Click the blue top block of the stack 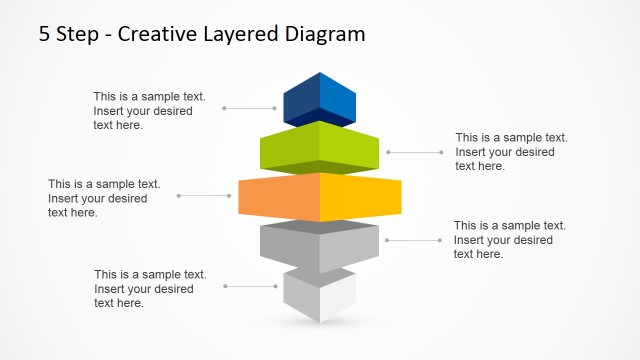coord(320,100)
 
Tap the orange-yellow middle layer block coord(320,196)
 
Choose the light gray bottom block coord(320,295)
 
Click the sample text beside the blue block coord(149,111)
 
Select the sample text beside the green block coord(511,152)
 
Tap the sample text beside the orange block coord(103,198)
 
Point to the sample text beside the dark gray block coord(509,240)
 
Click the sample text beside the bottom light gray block coord(150,289)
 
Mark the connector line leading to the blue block coord(250,107)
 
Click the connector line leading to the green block coord(414,152)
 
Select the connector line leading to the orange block coord(208,195)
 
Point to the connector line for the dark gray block coord(412,240)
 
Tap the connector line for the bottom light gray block coord(250,286)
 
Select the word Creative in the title coord(158,34)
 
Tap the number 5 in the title coord(45,34)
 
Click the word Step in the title coord(77,34)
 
